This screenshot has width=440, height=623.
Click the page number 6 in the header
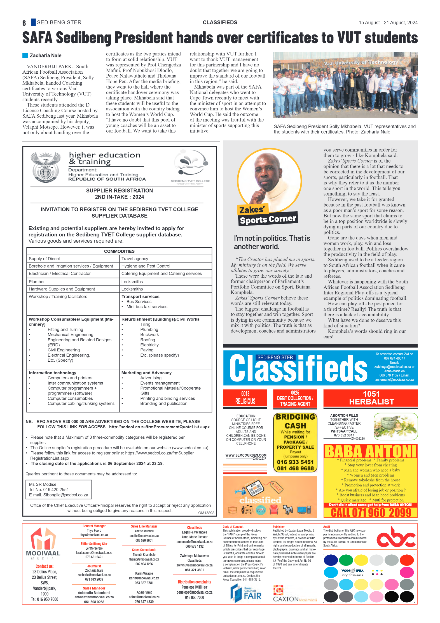point(24,23)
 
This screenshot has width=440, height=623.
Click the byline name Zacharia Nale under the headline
point(45,55)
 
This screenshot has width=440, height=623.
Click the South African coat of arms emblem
point(45,167)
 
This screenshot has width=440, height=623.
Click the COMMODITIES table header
point(119,251)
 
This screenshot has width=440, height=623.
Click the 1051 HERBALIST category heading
point(371,398)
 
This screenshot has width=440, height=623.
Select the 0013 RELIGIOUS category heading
point(245,398)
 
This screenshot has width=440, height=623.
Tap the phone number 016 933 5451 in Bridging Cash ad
point(295,462)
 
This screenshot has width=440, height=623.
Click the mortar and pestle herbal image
point(395,426)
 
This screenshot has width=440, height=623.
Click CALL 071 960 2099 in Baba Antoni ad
point(371,513)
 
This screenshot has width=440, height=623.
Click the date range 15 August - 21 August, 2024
point(388,23)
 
